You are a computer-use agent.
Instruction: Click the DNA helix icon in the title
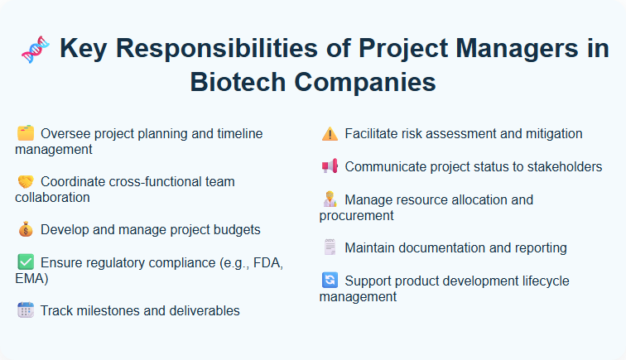pos(33,50)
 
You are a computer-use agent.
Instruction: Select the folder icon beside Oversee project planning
pos(26,133)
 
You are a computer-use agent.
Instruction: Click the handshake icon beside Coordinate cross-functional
pos(26,181)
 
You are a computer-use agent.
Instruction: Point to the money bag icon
pos(26,230)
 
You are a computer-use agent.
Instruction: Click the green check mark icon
pos(26,262)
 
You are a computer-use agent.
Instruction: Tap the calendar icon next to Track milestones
pos(26,311)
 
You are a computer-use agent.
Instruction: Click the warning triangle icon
pos(330,133)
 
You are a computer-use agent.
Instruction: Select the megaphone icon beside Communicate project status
pos(330,166)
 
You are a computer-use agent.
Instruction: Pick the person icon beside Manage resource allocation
pos(330,199)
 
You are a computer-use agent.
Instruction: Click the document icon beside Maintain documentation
pos(330,247)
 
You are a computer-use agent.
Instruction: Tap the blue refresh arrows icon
pos(330,281)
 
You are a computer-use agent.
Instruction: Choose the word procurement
pos(356,215)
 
